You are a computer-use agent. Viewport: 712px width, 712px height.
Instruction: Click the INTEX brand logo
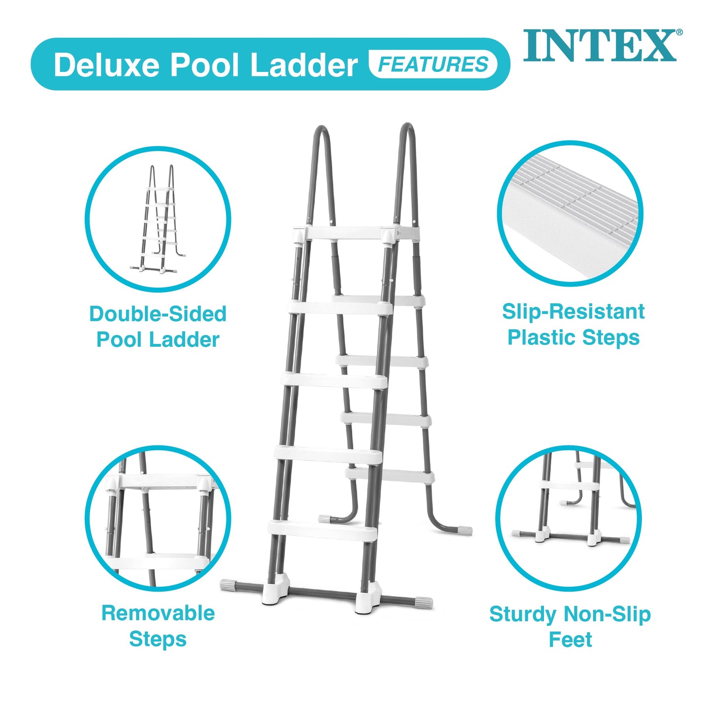point(600,45)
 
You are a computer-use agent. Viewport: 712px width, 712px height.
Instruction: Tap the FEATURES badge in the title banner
point(433,65)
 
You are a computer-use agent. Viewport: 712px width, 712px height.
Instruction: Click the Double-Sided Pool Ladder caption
point(158,327)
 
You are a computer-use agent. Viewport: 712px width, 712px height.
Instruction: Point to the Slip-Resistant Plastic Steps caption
point(573,324)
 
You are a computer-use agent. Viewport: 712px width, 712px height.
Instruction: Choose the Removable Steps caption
point(158,626)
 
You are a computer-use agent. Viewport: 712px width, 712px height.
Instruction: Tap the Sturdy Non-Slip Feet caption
point(570,626)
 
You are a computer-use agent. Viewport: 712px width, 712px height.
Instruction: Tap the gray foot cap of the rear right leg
point(465,530)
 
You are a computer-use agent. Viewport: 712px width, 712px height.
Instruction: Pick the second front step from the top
point(340,307)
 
